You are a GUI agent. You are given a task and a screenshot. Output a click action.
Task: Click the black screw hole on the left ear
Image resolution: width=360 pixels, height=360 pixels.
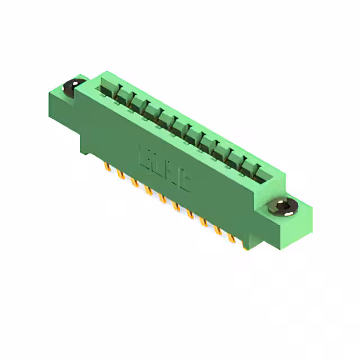(71, 86)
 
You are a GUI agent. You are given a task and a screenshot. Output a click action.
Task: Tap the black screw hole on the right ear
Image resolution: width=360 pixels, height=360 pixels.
(285, 207)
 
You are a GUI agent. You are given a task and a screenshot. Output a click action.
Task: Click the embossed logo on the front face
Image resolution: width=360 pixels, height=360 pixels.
(164, 168)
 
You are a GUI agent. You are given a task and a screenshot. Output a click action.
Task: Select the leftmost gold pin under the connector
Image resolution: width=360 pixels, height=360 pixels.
(106, 167)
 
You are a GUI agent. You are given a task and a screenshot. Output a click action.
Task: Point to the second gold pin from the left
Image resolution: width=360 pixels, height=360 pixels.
(120, 175)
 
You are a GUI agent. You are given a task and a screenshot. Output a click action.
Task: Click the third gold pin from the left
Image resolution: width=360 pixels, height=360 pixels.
(134, 183)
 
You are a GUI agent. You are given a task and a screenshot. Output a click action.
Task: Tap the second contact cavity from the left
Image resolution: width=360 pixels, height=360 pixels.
(121, 96)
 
